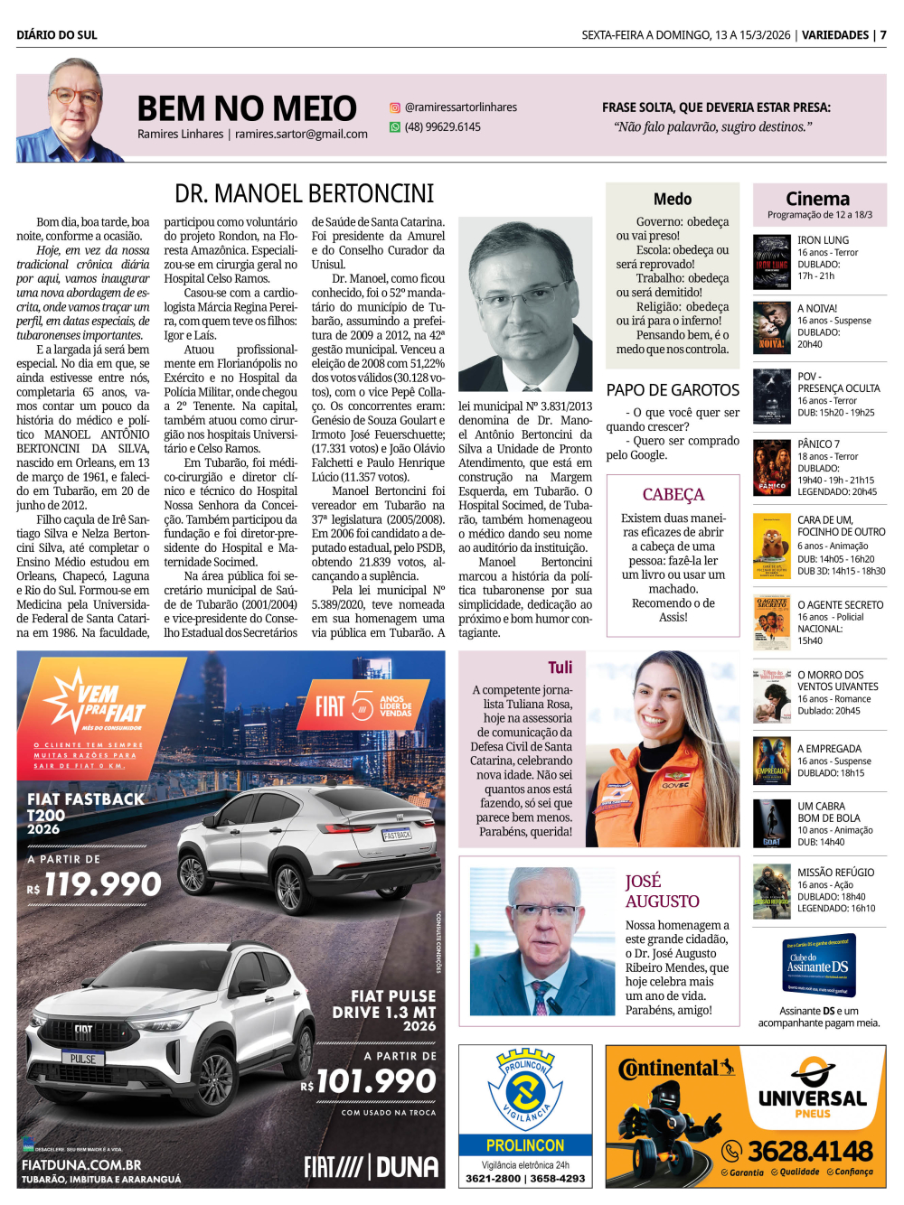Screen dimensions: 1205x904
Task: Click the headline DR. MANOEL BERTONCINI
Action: pos(304,194)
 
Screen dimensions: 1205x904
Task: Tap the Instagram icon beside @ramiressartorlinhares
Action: pos(395,107)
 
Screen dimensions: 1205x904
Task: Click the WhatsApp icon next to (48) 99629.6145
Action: pos(395,127)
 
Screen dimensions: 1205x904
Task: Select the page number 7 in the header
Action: pos(883,35)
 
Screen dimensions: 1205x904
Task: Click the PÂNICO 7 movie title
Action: pos(818,444)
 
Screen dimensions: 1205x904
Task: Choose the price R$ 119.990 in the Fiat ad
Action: pos(95,885)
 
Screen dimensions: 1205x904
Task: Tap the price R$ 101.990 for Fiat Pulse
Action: pos(370,1081)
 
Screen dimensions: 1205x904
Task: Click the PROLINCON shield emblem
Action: pos(525,1089)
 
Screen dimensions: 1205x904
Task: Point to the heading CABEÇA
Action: pos(673,495)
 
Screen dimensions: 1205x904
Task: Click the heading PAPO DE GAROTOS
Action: pos(673,390)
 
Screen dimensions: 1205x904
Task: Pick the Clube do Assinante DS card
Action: pos(817,966)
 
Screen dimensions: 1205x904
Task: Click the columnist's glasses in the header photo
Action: pos(74,96)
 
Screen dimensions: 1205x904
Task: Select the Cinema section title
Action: pos(817,199)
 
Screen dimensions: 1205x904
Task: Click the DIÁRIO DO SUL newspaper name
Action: pos(57,35)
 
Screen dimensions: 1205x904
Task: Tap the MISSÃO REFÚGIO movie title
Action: pos(835,873)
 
